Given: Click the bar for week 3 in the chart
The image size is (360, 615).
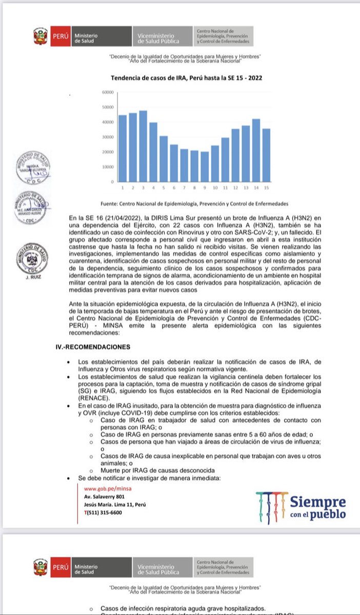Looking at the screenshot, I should coord(143,146).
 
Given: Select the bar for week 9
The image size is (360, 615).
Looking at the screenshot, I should coord(205,167).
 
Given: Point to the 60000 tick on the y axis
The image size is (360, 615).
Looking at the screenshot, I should coord(107,93).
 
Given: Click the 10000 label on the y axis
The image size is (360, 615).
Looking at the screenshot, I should coord(107,167).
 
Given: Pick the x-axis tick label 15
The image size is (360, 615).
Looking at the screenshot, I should coord(266,188).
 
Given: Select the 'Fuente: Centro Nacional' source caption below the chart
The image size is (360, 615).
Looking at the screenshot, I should coord(195,203).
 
